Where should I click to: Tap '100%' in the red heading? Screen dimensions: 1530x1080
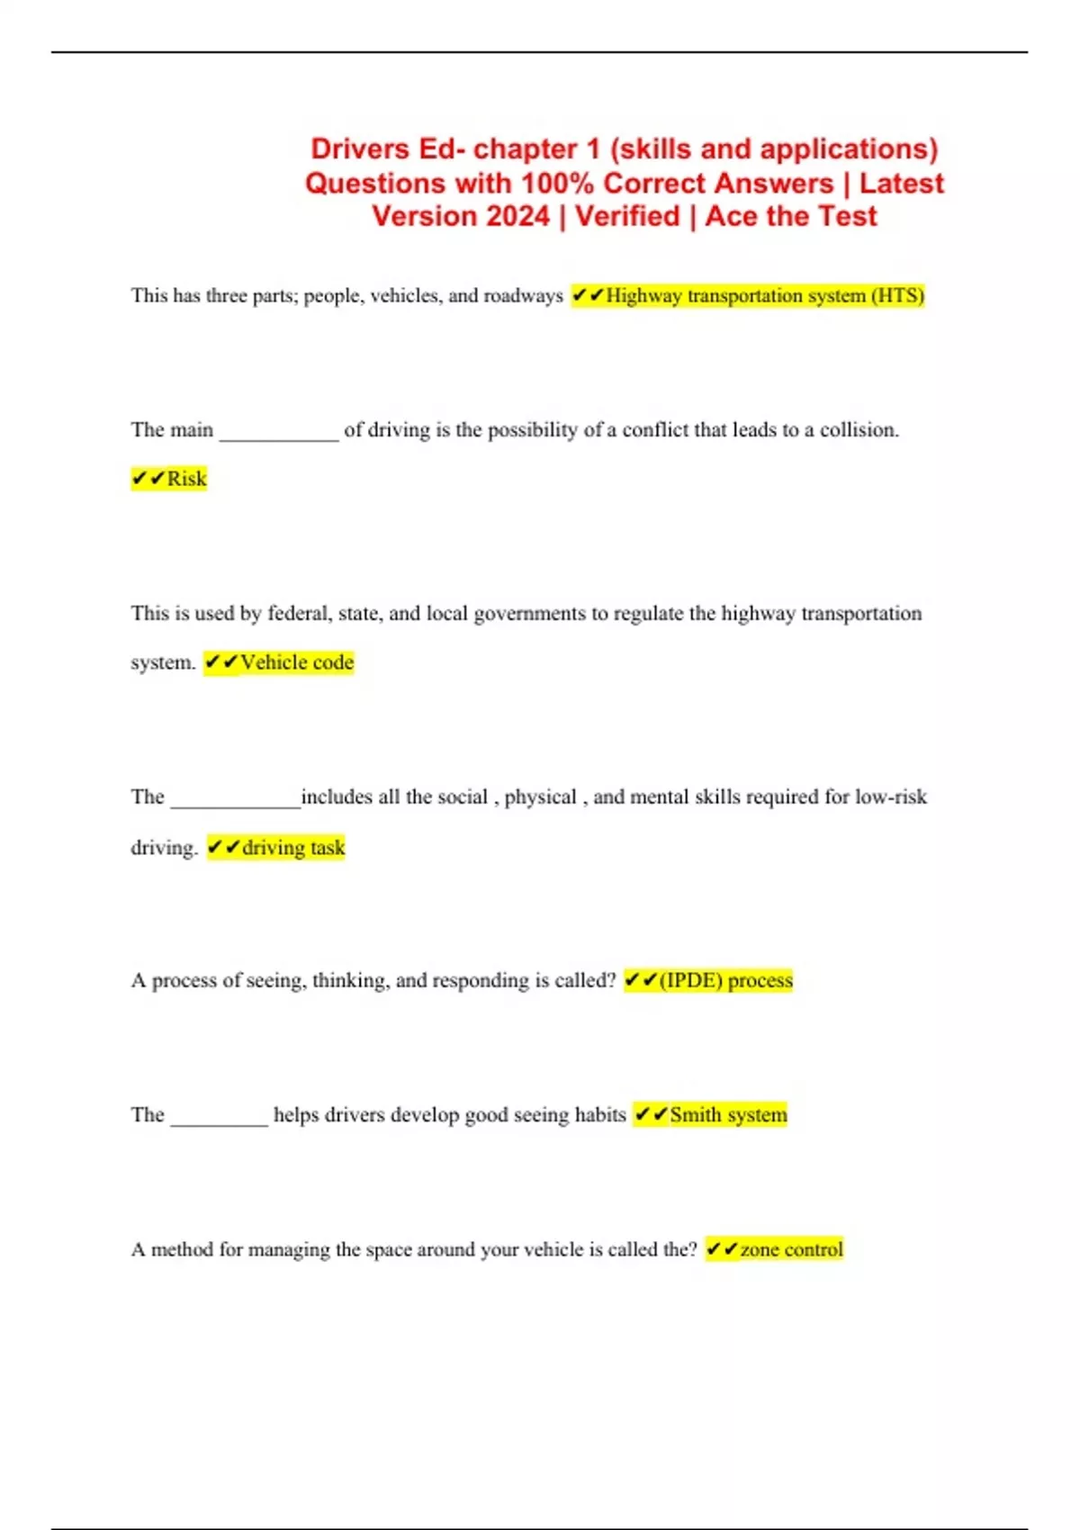point(558,184)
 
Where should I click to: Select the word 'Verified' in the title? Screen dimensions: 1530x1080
point(627,217)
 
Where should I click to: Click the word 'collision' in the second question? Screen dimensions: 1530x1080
point(857,430)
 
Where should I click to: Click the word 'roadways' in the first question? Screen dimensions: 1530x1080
point(523,296)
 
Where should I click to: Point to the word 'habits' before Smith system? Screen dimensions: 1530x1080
point(600,1115)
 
